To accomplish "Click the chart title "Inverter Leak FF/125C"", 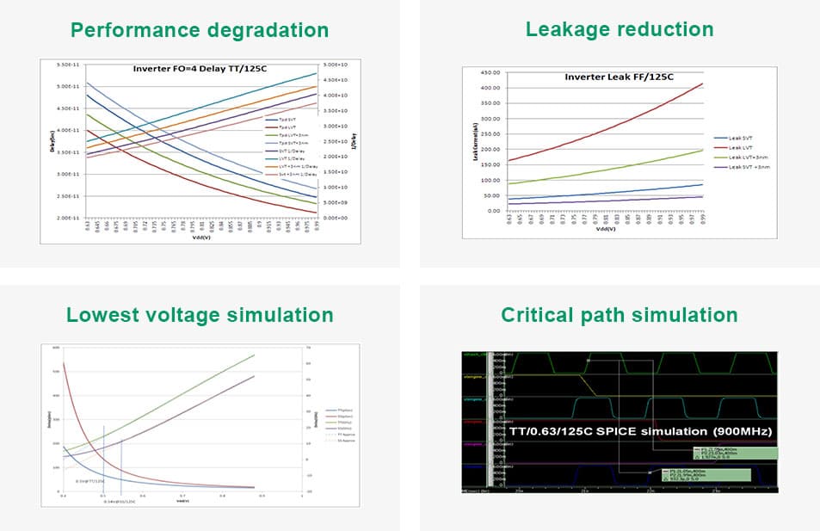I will [x=619, y=77].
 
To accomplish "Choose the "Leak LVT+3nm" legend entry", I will [x=742, y=157].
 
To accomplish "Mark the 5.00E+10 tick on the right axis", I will [x=333, y=65].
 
